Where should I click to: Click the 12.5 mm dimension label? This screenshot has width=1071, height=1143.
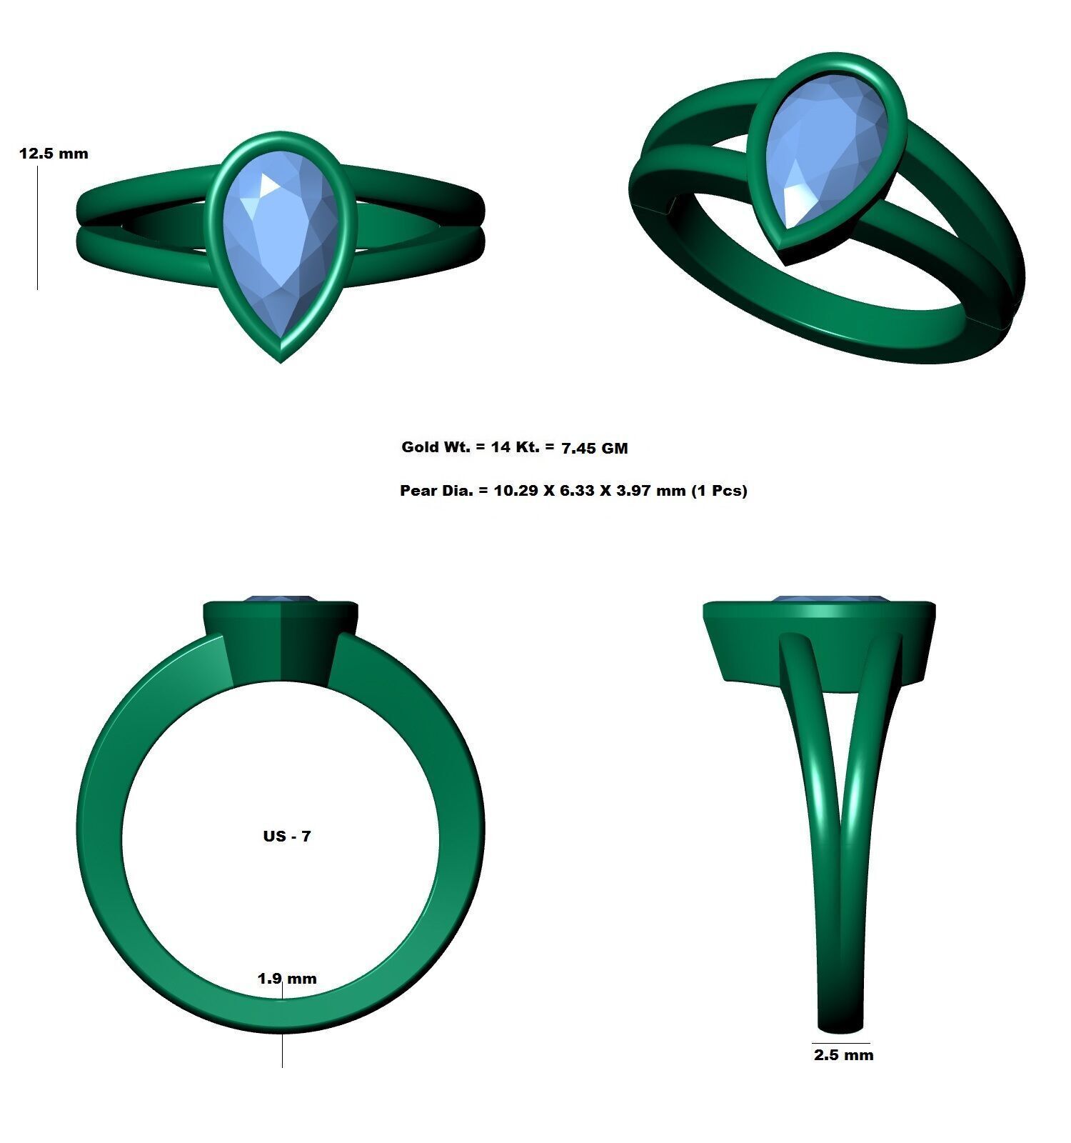click(54, 154)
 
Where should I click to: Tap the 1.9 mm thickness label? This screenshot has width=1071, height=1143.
click(287, 979)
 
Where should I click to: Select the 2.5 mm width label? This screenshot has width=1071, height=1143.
click(843, 1055)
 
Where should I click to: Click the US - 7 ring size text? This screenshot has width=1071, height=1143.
click(287, 836)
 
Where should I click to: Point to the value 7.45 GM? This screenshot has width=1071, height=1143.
click(594, 449)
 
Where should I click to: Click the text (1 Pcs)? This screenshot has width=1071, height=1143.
click(719, 491)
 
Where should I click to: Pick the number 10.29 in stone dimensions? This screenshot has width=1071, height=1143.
click(516, 491)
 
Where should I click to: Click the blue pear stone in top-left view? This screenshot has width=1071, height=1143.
click(280, 243)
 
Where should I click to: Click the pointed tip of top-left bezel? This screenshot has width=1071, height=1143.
click(281, 359)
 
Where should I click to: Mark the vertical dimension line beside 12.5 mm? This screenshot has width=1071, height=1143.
click(37, 229)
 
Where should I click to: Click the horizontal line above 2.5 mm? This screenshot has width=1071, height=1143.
click(840, 1043)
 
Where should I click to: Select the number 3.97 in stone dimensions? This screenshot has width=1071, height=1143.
click(638, 491)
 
